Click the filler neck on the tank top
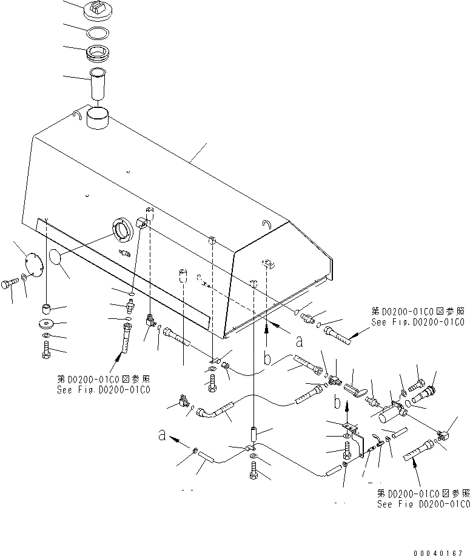click(98, 116)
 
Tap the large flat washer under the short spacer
click(47, 323)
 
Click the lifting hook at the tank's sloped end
click(267, 224)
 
